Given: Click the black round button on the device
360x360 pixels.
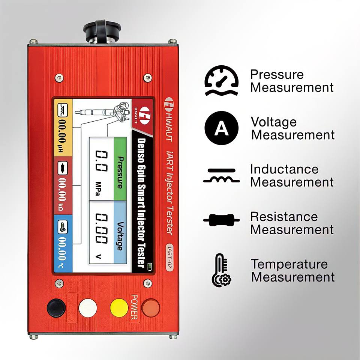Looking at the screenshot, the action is (x=56, y=308).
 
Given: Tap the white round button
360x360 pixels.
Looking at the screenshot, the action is (x=88, y=308).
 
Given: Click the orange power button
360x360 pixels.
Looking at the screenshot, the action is (x=151, y=308).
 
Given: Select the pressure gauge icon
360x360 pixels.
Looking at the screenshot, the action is (x=221, y=81).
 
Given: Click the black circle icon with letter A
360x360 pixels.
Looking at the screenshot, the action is (x=221, y=128).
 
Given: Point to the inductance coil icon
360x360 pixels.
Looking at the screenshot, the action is (x=221, y=176).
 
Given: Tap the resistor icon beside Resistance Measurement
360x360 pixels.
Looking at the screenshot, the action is (x=221, y=220).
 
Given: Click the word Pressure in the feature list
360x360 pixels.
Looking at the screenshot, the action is (x=277, y=74).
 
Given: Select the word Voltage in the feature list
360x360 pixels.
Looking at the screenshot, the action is (x=274, y=122).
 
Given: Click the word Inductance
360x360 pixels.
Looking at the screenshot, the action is (x=284, y=169).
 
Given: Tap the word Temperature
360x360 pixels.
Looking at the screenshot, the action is (x=289, y=264).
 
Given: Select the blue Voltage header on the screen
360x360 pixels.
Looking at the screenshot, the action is (x=120, y=232).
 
